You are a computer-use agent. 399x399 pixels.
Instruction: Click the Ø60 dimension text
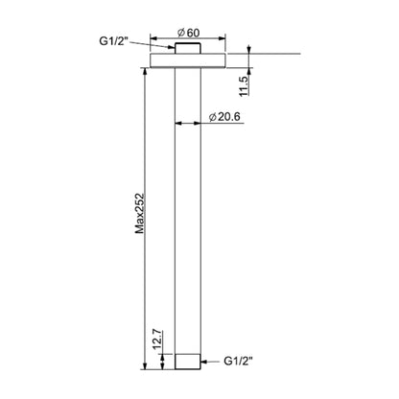(x=189, y=33)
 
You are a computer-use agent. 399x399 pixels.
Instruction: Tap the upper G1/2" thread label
(x=114, y=41)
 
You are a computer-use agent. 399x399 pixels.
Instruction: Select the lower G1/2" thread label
(x=238, y=362)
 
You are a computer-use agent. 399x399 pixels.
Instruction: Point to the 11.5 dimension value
(x=244, y=86)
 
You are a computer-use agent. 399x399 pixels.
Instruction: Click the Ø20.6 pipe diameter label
(x=224, y=117)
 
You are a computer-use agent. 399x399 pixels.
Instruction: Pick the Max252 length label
(x=140, y=213)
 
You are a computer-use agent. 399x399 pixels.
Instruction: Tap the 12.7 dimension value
(x=158, y=340)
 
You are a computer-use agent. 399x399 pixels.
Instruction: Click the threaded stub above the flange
(x=188, y=48)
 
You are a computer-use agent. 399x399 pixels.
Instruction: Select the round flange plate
(x=188, y=60)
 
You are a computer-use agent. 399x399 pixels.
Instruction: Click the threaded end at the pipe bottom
(x=188, y=362)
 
